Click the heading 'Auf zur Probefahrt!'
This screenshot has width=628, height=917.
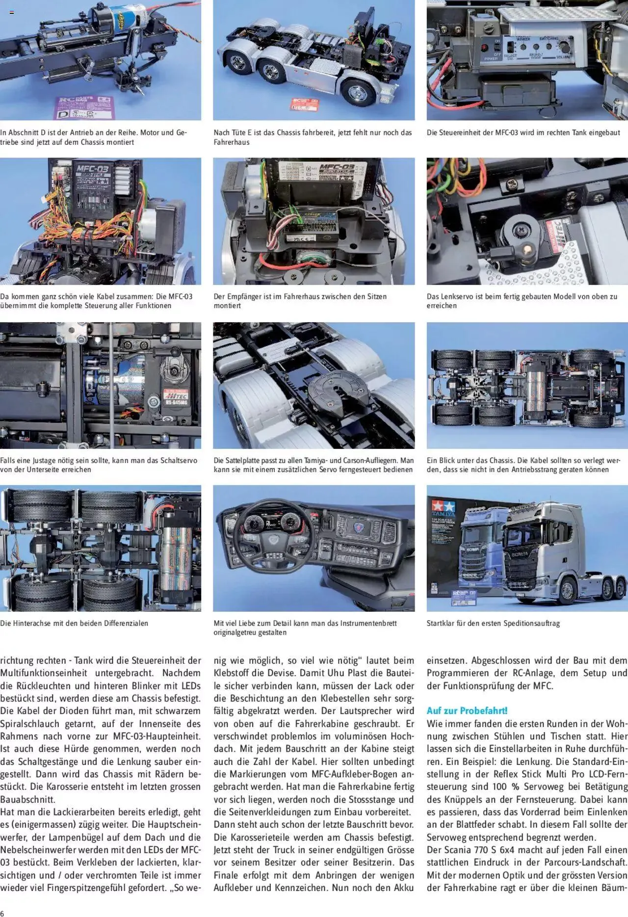(467, 710)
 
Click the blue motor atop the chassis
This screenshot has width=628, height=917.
(105, 20)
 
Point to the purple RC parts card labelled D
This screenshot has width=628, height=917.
(85, 107)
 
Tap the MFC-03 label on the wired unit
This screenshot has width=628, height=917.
(93, 170)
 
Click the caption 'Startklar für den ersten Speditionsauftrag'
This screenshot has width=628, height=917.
(493, 623)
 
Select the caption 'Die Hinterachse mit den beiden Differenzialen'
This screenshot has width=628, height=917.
(74, 623)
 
